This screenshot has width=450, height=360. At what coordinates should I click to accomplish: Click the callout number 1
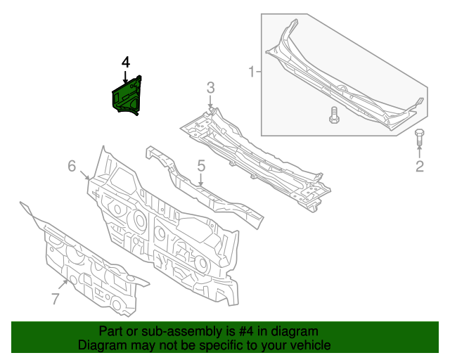pyautogui.click(x=250, y=71)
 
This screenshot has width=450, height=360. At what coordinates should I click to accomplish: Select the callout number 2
pyautogui.click(x=420, y=167)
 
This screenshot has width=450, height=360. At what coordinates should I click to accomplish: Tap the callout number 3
pyautogui.click(x=210, y=88)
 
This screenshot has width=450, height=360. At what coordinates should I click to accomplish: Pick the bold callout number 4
pyautogui.click(x=125, y=63)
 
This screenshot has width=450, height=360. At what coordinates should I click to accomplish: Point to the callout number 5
pyautogui.click(x=200, y=167)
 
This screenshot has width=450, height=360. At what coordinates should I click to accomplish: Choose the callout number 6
pyautogui.click(x=72, y=166)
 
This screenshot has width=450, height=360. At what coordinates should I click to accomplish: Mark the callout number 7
pyautogui.click(x=56, y=299)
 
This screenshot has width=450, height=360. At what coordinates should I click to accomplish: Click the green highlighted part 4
pyautogui.click(x=127, y=96)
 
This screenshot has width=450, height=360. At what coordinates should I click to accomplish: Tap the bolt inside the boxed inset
pyautogui.click(x=334, y=115)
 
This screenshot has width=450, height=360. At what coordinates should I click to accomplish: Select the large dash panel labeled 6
pyautogui.click(x=162, y=225)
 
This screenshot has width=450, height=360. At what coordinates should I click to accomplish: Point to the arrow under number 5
pyautogui.click(x=200, y=181)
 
